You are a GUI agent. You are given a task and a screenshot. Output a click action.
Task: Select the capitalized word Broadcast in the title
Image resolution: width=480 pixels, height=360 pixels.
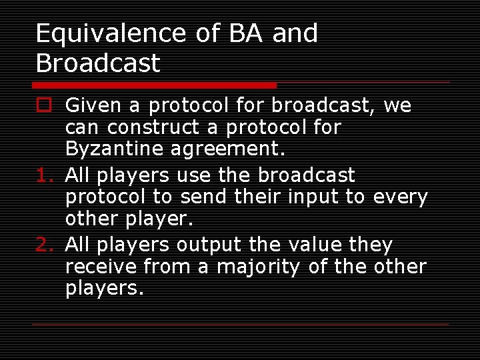coord(98,63)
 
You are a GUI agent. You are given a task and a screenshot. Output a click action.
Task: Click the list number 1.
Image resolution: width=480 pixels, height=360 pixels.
coord(43,176)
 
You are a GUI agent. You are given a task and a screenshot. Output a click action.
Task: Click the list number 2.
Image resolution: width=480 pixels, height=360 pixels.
coord(43,245)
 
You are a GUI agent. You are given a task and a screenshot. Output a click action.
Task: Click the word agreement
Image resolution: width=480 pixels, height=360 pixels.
coord(227,149)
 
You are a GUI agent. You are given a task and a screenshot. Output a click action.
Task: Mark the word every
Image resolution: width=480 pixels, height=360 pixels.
coord(400,198)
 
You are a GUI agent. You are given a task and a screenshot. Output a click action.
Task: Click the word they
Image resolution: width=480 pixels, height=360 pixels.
coord(371,245)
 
